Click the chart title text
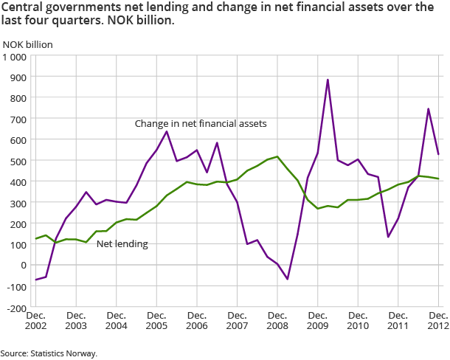pos(218,14)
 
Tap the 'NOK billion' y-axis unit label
pos(28,44)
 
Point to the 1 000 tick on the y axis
pos(15,57)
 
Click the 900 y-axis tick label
pos(18,77)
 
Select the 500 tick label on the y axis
pos(18,161)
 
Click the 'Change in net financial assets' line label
pos(200,124)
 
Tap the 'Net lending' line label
pos(122,243)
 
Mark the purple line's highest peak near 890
pos(328,80)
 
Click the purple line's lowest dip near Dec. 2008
pos(288,279)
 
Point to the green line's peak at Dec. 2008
pos(277,156)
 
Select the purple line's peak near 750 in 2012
pos(429,109)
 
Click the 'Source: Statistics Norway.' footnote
pos(49,353)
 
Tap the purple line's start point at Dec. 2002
pos(35,280)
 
